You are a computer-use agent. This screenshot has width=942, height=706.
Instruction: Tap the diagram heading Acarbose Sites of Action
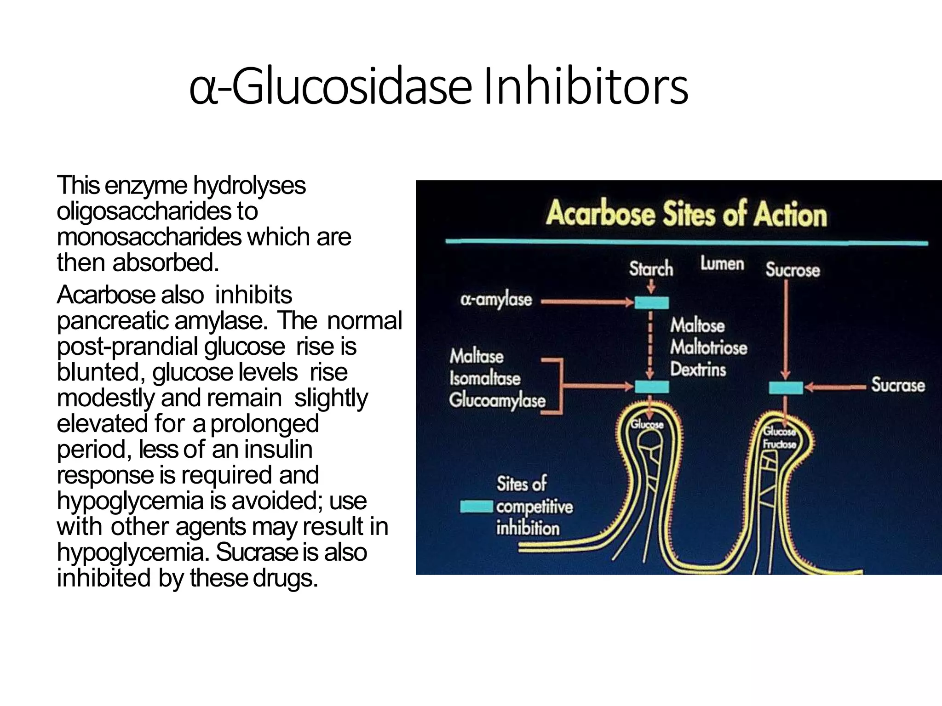tap(686, 214)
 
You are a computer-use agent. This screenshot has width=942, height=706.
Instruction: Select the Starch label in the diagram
tap(651, 268)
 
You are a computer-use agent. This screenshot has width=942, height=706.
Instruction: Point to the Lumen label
tap(722, 264)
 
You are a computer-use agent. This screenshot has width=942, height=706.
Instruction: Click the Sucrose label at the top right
tap(793, 270)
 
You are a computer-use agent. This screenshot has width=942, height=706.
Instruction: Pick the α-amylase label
tap(496, 300)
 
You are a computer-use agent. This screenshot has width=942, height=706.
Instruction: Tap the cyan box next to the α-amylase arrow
tap(651, 302)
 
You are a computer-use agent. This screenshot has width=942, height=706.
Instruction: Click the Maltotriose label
tap(708, 347)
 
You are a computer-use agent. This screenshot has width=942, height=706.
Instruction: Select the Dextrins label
tap(698, 370)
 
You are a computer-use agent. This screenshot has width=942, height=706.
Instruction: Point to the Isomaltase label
tap(485, 378)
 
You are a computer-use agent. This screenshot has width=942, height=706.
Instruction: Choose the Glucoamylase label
tap(497, 400)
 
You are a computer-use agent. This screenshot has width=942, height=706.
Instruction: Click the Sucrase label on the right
tap(897, 385)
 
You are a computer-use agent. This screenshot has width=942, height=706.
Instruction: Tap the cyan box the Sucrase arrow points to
tap(786, 388)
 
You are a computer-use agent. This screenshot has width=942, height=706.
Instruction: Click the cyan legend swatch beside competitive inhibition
tap(477, 507)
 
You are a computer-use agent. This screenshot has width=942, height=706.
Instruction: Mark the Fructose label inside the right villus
tap(779, 444)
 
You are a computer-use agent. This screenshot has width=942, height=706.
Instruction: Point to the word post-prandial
tap(127, 347)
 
